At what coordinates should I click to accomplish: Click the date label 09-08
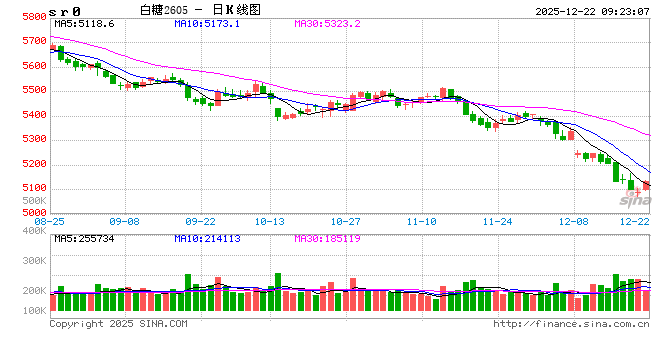pos(125,221)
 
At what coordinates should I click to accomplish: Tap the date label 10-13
pos(270,221)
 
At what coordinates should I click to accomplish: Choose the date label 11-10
pos(423,221)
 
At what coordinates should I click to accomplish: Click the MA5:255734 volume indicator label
pos(85,238)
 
